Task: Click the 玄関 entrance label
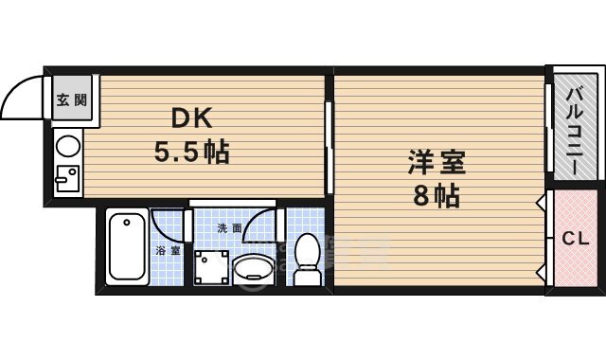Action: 72,100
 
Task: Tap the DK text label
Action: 192,118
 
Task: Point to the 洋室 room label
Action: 437,163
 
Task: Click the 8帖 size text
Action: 437,196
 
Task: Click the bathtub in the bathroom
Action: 127,247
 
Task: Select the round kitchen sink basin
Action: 68,146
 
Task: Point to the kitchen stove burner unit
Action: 66,178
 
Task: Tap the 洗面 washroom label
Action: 229,227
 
